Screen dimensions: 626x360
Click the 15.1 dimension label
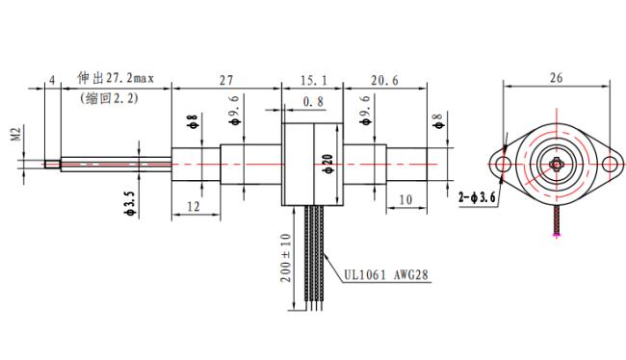click(313, 81)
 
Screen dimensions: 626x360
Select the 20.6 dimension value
click(384, 81)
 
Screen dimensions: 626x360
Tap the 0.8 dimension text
click(313, 102)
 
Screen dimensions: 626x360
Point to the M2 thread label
click(16, 133)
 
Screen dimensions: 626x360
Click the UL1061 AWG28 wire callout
click(386, 274)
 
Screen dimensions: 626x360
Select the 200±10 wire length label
click(286, 258)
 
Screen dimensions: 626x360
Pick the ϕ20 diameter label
click(328, 164)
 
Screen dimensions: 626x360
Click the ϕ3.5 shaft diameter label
click(131, 203)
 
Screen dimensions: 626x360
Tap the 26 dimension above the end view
click(556, 77)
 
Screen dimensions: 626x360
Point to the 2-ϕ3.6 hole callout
click(477, 197)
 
